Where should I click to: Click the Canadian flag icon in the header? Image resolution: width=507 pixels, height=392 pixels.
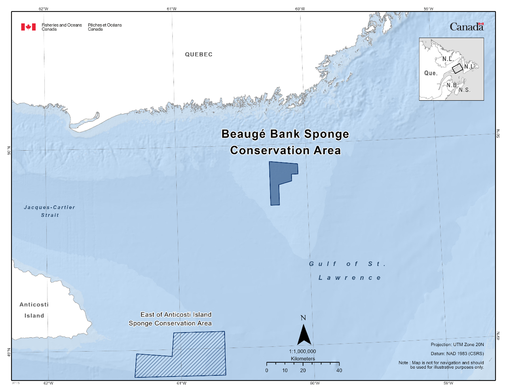(x=28, y=27)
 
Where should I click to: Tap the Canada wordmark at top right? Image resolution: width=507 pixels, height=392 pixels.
(x=466, y=27)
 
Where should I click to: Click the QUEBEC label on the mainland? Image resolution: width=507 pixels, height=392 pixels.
(x=199, y=55)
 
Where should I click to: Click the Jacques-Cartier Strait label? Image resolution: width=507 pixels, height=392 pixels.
(x=49, y=211)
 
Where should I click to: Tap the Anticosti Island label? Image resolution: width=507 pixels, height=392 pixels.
(x=34, y=310)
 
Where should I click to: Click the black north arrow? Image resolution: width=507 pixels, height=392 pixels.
(x=304, y=335)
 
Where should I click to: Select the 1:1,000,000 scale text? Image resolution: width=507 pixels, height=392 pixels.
(x=302, y=351)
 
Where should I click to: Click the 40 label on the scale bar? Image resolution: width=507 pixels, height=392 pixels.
(x=339, y=371)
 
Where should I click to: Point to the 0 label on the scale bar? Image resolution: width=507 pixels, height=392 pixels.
(x=267, y=371)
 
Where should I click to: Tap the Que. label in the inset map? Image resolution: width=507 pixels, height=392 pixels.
(x=431, y=73)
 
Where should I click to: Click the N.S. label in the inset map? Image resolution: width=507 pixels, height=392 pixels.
(x=465, y=90)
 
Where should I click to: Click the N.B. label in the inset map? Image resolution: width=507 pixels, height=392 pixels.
(x=452, y=85)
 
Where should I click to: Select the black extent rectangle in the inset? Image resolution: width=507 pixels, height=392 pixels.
(x=457, y=69)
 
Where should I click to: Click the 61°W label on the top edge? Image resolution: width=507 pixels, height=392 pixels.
(x=172, y=9)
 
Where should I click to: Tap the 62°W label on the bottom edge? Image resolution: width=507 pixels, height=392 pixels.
(x=48, y=383)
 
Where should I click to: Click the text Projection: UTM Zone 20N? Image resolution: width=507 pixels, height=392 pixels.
(x=457, y=344)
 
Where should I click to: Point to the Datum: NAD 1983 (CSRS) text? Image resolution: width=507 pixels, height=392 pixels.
(x=457, y=354)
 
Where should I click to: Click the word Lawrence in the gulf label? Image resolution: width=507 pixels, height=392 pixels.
(x=350, y=278)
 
